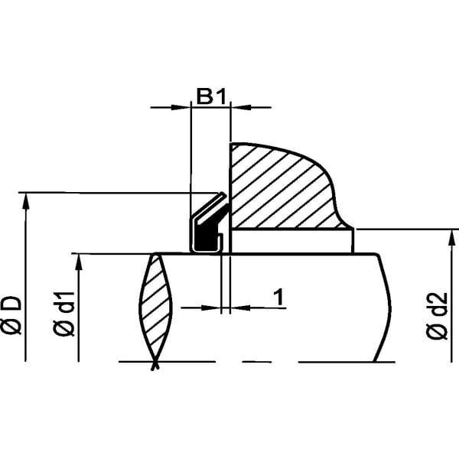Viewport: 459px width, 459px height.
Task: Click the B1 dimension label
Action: click(x=211, y=96)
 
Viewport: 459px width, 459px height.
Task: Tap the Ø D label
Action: click(x=11, y=315)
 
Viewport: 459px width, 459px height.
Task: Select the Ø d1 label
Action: click(x=63, y=314)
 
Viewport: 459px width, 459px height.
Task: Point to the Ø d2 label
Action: click(x=437, y=316)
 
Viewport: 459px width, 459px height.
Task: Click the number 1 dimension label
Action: click(x=279, y=297)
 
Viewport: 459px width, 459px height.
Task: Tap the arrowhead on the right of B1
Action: click(x=241, y=107)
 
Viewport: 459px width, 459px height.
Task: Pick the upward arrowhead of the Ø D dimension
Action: click(x=26, y=203)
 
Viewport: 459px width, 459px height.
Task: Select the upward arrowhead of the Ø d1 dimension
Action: click(x=78, y=263)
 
